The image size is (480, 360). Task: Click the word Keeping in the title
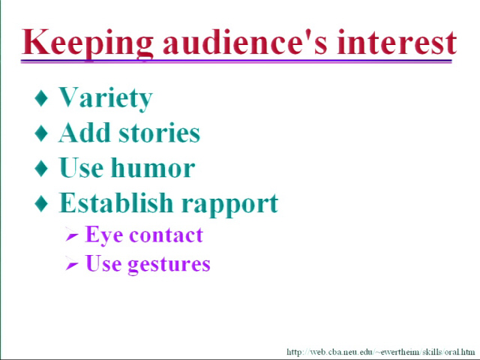pos(87,43)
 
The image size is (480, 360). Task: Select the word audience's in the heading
pos(245,42)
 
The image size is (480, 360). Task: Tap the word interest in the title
pos(397,42)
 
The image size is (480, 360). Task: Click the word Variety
pos(106,97)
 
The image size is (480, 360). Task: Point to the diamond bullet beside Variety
pos(41,98)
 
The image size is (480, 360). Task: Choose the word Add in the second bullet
pos(84,133)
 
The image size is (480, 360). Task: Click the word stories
pos(160,133)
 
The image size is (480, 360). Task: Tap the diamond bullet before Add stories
pos(41,133)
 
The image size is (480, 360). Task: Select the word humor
pos(153,167)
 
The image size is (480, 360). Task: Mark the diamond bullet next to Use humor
pos(41,168)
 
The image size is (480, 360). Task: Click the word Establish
pos(116,202)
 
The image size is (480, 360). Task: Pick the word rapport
pos(230,205)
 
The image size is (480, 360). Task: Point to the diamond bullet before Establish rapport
pos(41,203)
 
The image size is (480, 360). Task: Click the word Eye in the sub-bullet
pos(104,235)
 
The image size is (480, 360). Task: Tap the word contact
pos(166,235)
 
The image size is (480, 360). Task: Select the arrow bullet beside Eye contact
pos(72,235)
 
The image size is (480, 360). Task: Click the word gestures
pos(169,265)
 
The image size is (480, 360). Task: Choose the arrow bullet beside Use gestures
pos(72,262)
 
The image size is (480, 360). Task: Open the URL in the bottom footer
pos(381,352)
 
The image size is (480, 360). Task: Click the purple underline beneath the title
pos(236,61)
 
